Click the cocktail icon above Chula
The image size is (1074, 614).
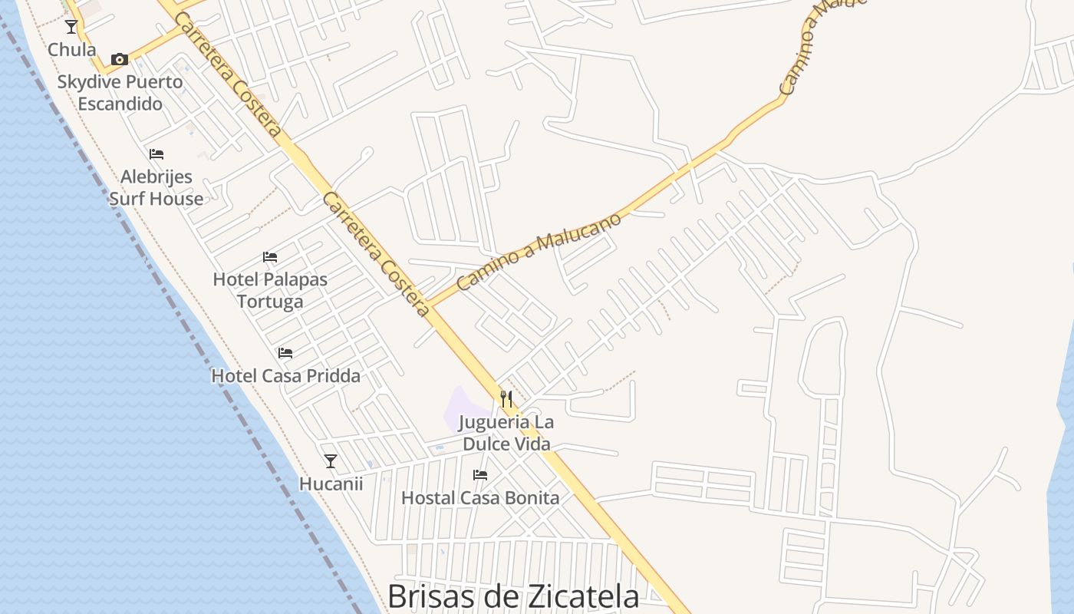71,27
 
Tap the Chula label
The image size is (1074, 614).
72,50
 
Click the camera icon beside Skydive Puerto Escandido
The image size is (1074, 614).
119,59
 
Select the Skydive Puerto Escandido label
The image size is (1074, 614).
120,93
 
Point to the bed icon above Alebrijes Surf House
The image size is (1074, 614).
156,154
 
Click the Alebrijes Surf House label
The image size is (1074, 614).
156,188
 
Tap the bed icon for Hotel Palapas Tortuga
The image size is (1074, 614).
270,257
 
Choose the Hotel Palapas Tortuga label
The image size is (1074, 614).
270,290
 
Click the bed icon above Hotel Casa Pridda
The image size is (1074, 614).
285,353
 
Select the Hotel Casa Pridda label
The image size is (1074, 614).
285,376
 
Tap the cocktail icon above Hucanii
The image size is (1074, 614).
331,461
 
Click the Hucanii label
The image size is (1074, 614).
331,484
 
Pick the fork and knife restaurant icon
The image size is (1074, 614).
506,399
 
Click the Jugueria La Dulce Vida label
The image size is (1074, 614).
506,433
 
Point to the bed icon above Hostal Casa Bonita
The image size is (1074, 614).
480,475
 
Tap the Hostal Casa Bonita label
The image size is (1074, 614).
480,498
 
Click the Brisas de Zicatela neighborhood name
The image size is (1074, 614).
512,596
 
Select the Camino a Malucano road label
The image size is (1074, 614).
539,252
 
